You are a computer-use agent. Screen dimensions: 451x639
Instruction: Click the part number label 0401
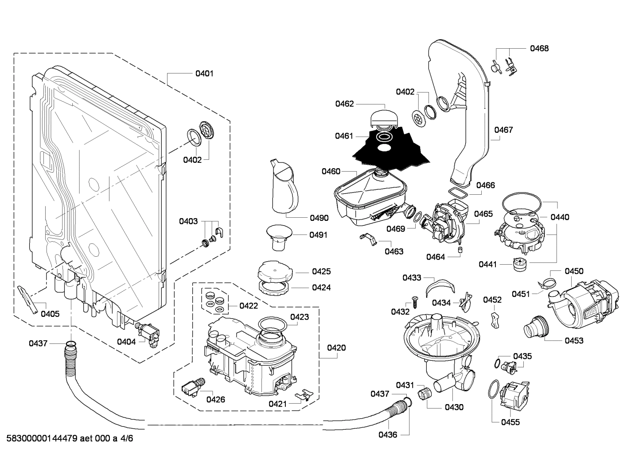[x=204, y=73]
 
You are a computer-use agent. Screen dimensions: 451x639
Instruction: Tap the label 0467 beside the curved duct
[x=503, y=130]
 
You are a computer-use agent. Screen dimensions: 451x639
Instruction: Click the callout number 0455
[x=510, y=422]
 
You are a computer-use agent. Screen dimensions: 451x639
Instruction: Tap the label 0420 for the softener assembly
[x=336, y=348]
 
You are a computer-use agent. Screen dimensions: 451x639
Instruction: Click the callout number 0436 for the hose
[x=388, y=435]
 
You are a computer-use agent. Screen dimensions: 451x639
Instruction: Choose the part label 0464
[x=435, y=257]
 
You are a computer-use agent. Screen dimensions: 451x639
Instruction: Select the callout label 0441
[x=487, y=264]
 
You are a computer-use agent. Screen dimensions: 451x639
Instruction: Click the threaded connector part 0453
[x=536, y=328]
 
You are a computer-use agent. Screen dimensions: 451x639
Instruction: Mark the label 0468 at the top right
[x=539, y=48]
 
